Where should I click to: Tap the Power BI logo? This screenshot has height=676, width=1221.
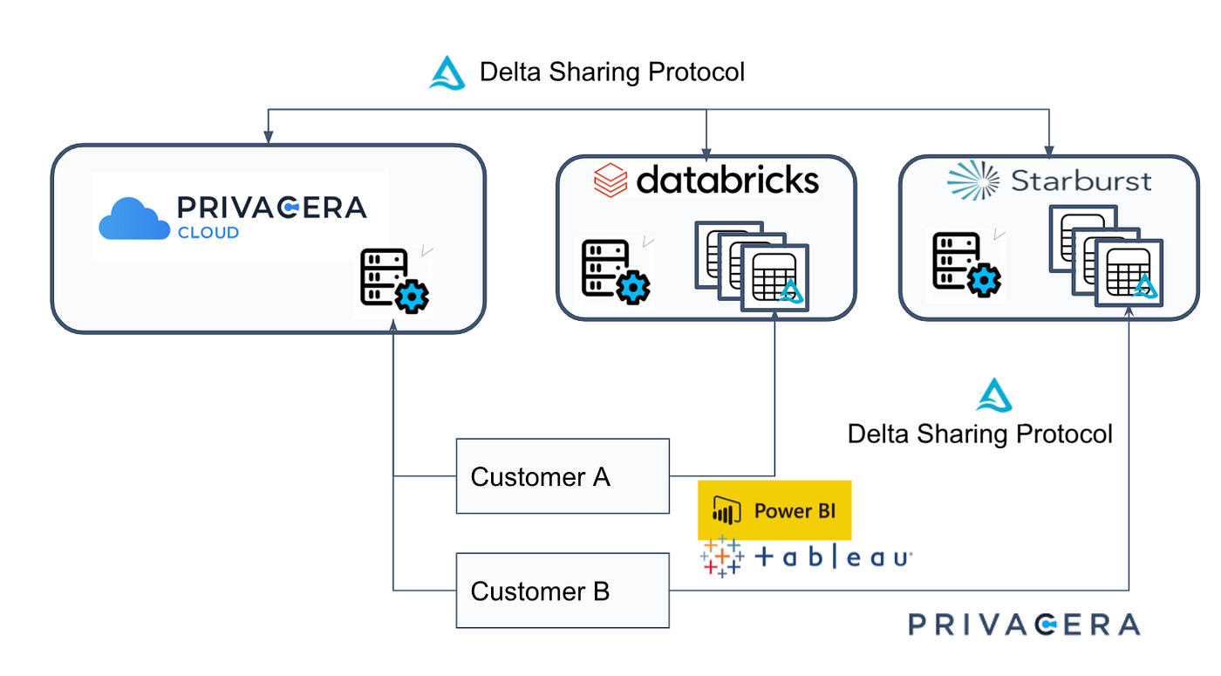tap(774, 510)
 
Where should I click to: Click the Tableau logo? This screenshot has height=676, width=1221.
tap(807, 557)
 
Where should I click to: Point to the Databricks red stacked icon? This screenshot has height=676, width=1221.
tap(610, 181)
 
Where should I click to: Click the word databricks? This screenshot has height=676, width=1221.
tap(727, 181)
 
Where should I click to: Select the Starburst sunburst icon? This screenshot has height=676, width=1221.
tap(973, 181)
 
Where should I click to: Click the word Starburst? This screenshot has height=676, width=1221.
tap(1081, 181)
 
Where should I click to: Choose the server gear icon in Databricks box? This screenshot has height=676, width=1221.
tap(616, 271)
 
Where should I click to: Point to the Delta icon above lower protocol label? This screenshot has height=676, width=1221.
tap(993, 395)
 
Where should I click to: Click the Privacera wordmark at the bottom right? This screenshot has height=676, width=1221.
tap(1024, 625)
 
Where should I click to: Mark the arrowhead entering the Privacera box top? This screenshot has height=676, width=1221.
tap(268, 138)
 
